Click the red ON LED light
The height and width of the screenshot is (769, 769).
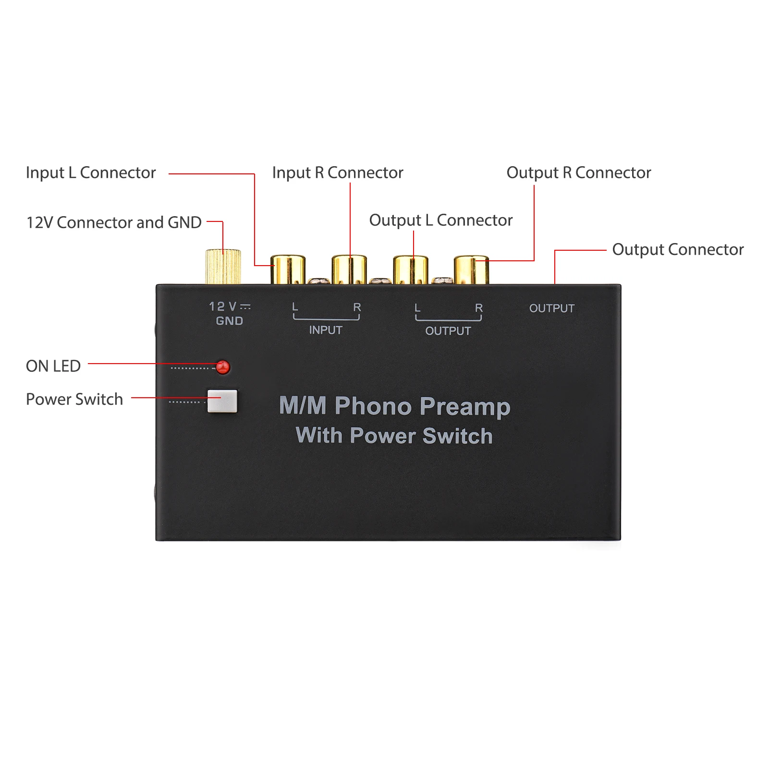point(223,367)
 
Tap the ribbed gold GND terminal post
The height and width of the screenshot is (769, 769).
point(223,267)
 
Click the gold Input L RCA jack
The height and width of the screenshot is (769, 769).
point(288,269)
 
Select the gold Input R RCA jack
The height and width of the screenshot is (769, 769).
point(349,269)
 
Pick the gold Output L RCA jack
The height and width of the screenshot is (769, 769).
point(411,269)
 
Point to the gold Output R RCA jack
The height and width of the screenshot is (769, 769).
point(471,269)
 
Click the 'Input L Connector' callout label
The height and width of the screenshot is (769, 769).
point(91,172)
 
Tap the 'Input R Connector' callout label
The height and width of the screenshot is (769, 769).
point(338,172)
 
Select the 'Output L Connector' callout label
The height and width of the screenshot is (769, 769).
point(440,220)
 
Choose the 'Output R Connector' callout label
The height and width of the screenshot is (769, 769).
point(579,172)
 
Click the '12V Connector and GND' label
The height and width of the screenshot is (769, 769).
point(114,222)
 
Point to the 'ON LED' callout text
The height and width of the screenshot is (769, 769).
point(53,366)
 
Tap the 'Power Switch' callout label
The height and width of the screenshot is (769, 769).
point(74,399)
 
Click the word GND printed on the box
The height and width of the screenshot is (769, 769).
point(230,321)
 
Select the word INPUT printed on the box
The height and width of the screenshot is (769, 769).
point(326,330)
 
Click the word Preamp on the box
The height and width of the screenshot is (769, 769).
point(465,407)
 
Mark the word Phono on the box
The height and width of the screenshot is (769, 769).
point(373,406)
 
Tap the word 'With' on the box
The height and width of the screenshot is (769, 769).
point(319,435)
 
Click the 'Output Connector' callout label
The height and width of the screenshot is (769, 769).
point(678,249)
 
